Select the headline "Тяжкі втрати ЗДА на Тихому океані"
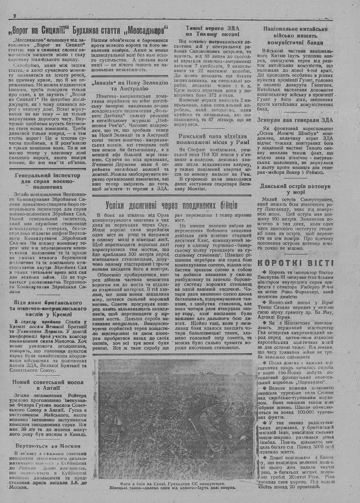(x=213, y=31)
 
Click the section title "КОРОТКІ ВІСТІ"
(x=295, y=263)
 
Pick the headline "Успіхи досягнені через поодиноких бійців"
(x=171, y=205)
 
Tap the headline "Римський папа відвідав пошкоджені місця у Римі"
(x=213, y=139)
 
